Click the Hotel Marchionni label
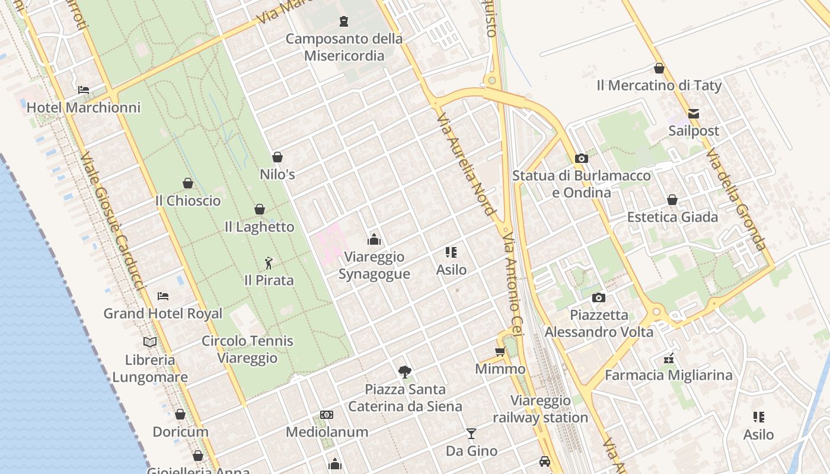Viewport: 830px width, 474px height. (84, 107)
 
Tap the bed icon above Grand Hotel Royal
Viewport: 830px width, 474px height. (163, 296)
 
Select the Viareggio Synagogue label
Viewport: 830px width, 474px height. (374, 265)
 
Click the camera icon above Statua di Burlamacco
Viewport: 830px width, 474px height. (582, 158)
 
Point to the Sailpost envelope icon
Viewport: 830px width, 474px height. (693, 113)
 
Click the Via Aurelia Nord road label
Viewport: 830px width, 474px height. (465, 164)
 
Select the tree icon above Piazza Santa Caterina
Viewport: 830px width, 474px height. (405, 372)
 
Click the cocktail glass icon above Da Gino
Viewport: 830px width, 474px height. (471, 434)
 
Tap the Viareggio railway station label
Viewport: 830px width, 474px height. (541, 409)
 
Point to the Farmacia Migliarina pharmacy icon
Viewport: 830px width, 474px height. (669, 358)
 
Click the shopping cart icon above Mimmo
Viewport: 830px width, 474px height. (500, 352)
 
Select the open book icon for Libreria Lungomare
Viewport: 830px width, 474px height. (150, 342)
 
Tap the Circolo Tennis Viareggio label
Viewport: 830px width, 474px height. (247, 349)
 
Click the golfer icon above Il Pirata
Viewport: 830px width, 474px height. (269, 262)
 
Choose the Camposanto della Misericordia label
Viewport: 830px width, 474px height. (344, 47)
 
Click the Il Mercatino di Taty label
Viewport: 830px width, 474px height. (659, 85)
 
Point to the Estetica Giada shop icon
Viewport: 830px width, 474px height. (672, 200)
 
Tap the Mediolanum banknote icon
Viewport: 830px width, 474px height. (327, 415)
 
